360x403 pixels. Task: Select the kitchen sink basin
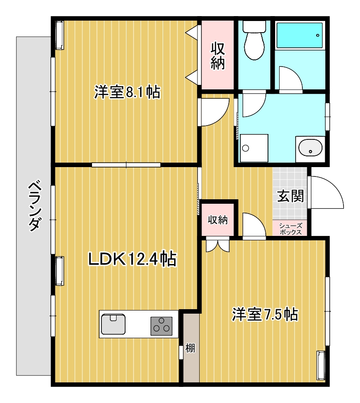pyautogui.click(x=113, y=324)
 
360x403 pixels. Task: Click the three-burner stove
pyautogui.click(x=161, y=326)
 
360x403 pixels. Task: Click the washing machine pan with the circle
pyautogui.click(x=254, y=148)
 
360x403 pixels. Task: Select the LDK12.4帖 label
pyautogui.click(x=132, y=259)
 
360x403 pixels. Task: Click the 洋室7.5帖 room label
pyautogui.click(x=265, y=314)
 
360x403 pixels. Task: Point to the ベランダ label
pyautogui.click(x=34, y=206)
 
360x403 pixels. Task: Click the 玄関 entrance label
pyautogui.click(x=290, y=196)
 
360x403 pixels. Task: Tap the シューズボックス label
pyautogui.click(x=291, y=229)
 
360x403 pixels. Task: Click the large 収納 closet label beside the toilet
pyautogui.click(x=218, y=56)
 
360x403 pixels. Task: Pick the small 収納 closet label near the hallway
pyautogui.click(x=218, y=220)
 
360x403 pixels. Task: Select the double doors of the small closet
pyautogui.click(x=218, y=246)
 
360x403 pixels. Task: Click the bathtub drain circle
pyautogui.click(x=318, y=35)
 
